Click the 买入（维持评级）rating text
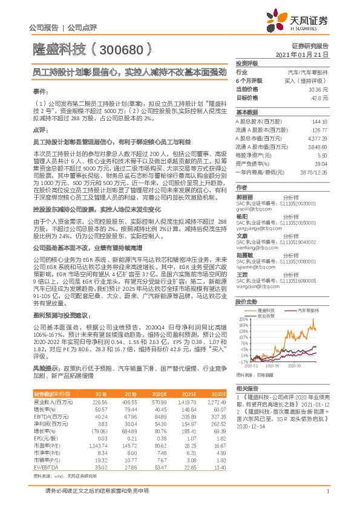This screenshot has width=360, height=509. point(312,80)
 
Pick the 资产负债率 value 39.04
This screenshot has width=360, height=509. point(321,163)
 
